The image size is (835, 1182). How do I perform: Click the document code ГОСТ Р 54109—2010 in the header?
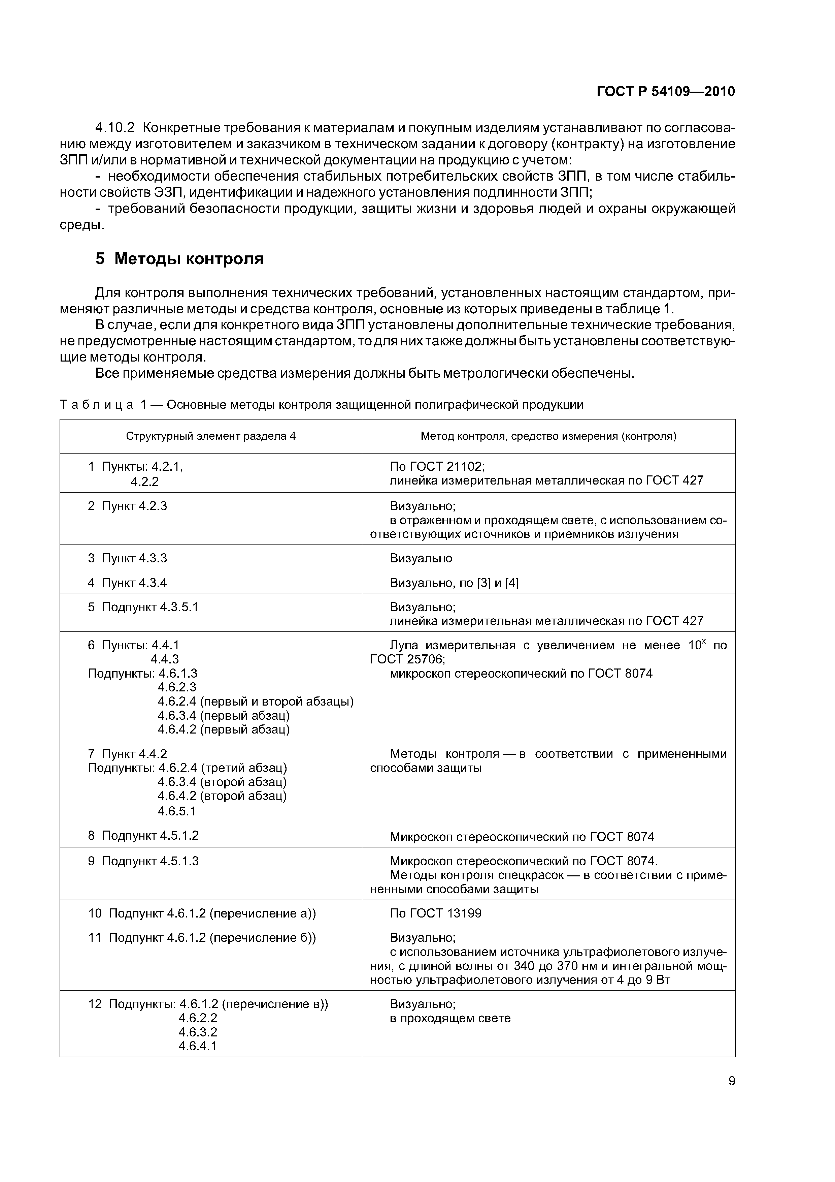click(x=665, y=92)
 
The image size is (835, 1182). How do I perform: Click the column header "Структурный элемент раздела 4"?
click(x=211, y=437)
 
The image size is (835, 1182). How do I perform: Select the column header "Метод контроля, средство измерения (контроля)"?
click(x=548, y=437)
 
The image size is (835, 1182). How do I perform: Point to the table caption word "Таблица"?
click(x=97, y=405)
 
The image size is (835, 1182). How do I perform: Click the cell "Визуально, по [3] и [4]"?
click(x=454, y=583)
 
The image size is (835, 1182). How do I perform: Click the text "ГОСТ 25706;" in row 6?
click(x=407, y=659)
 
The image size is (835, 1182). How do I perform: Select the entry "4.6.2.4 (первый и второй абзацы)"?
click(x=255, y=702)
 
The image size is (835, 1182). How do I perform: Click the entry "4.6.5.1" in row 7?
click(x=176, y=812)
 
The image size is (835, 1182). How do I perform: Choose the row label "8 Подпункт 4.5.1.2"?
click(x=143, y=836)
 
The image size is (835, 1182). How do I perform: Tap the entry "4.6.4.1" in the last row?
click(x=198, y=1046)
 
